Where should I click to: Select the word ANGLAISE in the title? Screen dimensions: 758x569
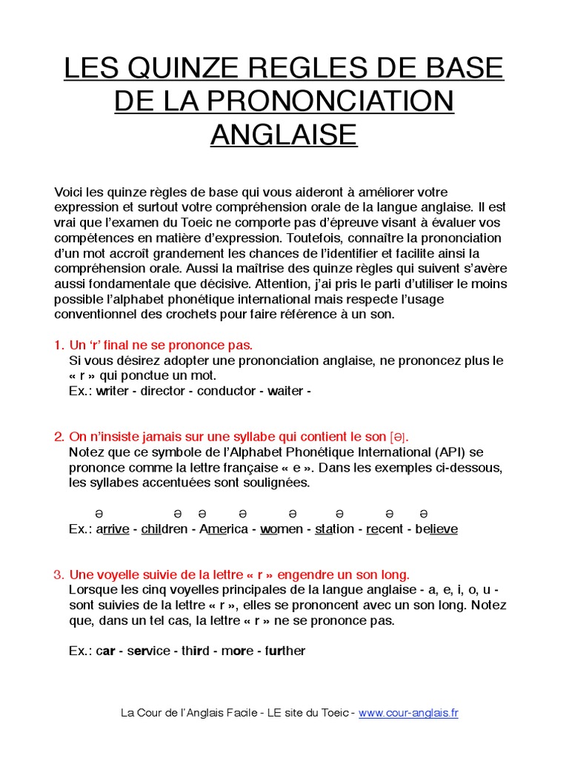pyautogui.click(x=284, y=134)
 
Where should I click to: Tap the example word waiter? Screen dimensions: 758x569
pyautogui.click(x=285, y=391)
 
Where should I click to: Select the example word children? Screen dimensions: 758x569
pyautogui.click(x=164, y=529)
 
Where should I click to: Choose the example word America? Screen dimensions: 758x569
pyautogui.click(x=224, y=529)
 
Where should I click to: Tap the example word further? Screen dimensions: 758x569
pyautogui.click(x=282, y=651)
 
